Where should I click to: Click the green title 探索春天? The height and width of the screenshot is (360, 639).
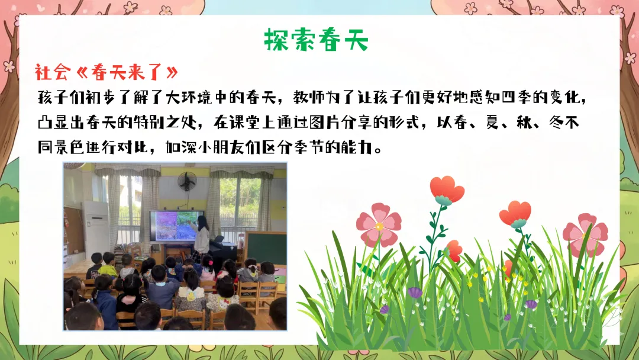316,40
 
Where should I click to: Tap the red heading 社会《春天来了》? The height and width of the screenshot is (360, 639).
106,73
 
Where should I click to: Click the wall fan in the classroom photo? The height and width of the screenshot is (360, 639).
187,181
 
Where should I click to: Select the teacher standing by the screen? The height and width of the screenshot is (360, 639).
201,239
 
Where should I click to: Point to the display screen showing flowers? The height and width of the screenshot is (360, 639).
176,226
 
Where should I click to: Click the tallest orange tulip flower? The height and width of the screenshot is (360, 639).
447,190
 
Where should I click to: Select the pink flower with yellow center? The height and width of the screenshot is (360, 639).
379,226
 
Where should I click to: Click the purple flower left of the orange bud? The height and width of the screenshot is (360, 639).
415,292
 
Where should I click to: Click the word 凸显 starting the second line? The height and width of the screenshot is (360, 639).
53,123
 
